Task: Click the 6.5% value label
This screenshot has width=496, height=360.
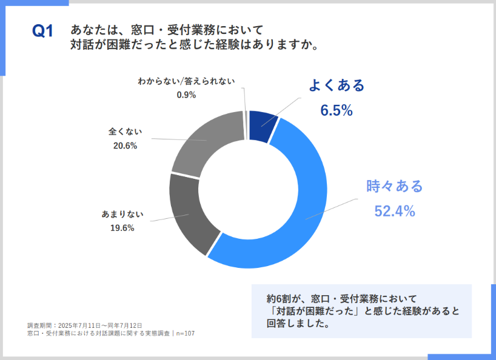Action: tap(337, 110)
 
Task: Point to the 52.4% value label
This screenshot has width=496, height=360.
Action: tap(394, 211)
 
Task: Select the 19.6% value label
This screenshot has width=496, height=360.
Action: tap(122, 228)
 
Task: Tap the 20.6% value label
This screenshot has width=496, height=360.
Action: tap(125, 145)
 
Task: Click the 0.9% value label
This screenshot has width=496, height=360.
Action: tap(186, 95)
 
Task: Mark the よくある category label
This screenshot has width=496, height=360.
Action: tap(337, 85)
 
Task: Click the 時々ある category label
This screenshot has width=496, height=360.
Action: tap(394, 186)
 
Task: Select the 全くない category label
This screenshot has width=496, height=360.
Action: tap(125, 131)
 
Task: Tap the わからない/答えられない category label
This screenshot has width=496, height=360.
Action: tap(186, 81)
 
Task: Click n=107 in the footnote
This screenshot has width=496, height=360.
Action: tap(186, 333)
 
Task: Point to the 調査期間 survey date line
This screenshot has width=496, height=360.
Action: tap(84, 325)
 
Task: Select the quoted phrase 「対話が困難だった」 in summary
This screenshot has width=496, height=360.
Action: tap(313, 312)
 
